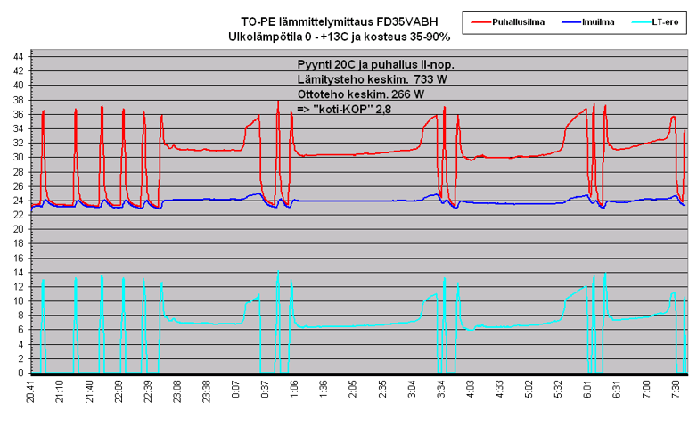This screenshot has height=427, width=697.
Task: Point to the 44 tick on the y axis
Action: point(18,55)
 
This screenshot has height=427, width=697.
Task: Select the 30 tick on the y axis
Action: point(18,157)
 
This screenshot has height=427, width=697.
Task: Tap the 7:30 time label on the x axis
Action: point(677,392)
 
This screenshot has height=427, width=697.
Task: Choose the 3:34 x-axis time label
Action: point(443,392)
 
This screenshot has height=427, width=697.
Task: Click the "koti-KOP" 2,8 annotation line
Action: point(344,109)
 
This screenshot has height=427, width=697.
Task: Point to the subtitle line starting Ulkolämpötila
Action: point(339,37)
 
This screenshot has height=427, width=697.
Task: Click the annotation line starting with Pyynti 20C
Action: point(381,65)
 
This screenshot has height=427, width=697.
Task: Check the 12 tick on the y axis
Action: point(18,286)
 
